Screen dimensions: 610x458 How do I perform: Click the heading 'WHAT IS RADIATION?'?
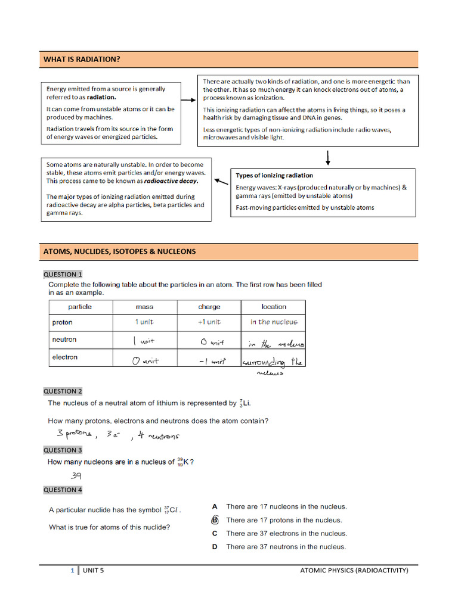click(82, 60)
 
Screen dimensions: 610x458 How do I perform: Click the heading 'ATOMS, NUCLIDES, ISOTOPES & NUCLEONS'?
click(119, 251)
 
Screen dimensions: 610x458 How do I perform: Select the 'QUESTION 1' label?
click(63, 275)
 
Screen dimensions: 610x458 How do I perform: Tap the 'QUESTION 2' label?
click(63, 391)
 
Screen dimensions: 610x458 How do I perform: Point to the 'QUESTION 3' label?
click(63, 450)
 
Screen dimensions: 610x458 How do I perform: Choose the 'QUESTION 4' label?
click(63, 490)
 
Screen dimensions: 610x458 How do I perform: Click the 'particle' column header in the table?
click(80, 307)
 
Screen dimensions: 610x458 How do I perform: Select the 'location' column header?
click(274, 307)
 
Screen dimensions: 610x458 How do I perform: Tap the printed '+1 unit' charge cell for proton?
click(209, 322)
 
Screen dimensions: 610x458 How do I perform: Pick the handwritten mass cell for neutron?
click(144, 342)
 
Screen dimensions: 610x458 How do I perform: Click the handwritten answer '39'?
click(76, 476)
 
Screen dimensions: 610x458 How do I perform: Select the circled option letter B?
click(215, 520)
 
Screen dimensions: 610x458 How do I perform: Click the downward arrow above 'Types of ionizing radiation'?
click(328, 158)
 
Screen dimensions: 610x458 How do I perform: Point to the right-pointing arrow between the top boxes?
click(188, 101)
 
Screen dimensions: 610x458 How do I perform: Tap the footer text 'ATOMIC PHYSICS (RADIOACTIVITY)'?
click(354, 571)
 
